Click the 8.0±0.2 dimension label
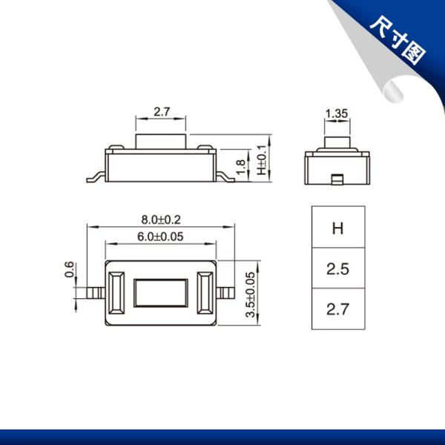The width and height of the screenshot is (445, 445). click(x=161, y=220)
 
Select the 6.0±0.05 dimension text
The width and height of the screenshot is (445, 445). click(x=160, y=237)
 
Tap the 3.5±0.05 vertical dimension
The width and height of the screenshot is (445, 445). click(x=251, y=294)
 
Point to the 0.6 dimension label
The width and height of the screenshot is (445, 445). click(x=69, y=269)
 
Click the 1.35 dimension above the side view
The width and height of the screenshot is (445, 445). click(x=337, y=113)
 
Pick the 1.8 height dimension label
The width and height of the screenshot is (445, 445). click(x=240, y=167)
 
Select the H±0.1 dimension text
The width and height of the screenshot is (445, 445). click(x=262, y=160)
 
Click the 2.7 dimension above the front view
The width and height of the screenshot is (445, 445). click(x=162, y=111)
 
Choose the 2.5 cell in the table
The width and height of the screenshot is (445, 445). click(x=338, y=268)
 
